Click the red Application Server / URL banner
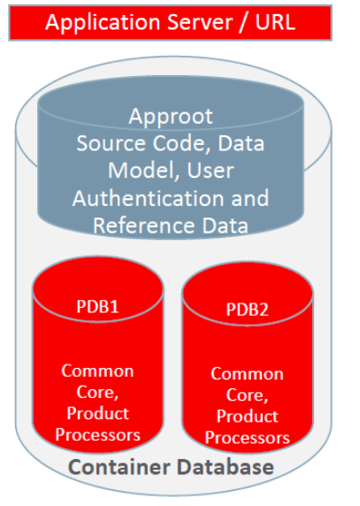170,21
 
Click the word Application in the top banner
94,22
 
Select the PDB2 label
247,310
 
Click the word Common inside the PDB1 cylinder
97,371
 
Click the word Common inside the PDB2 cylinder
247,373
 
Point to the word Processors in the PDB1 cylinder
97,434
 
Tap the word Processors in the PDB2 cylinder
247,437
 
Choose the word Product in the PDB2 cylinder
247,416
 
